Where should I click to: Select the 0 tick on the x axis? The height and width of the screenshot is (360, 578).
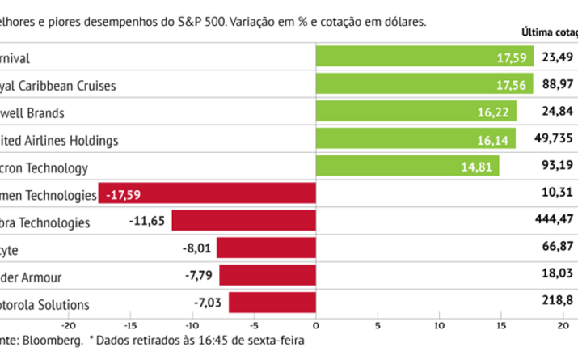click(315, 327)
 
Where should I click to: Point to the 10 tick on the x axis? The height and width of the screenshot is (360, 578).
click(439, 327)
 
